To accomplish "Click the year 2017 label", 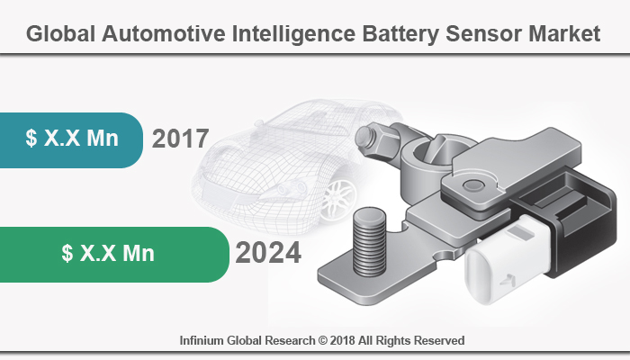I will (x=181, y=139).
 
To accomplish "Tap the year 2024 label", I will (x=268, y=254).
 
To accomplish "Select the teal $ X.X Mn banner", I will (x=72, y=139).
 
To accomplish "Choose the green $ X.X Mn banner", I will (x=108, y=254).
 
